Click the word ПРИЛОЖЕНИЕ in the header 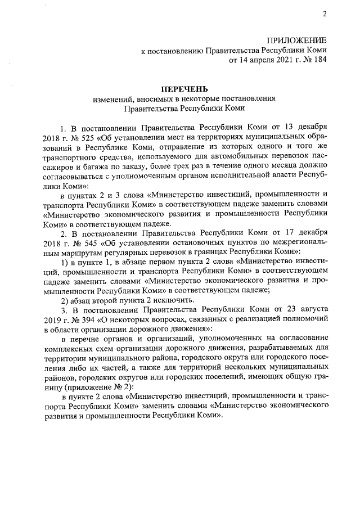coord(296,40)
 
